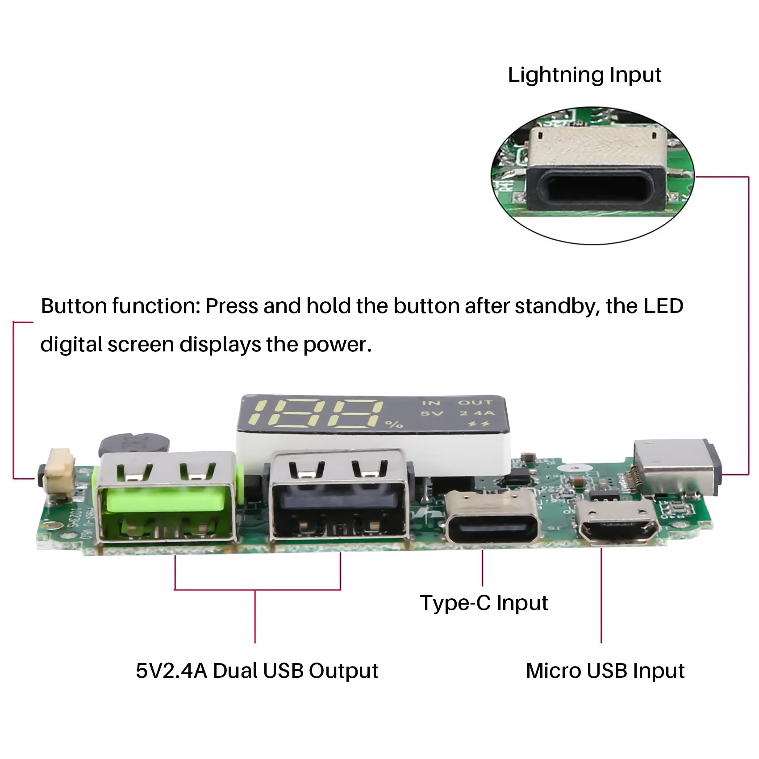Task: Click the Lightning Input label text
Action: point(584,75)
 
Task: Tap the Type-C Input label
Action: point(484,603)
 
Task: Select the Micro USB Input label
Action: point(605,671)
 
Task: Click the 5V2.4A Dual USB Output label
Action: point(257,671)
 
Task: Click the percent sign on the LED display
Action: point(394,424)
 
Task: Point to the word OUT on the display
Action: point(475,403)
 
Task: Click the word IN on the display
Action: point(431,403)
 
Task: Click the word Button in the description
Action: point(74,306)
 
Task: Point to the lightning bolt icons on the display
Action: point(479,424)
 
